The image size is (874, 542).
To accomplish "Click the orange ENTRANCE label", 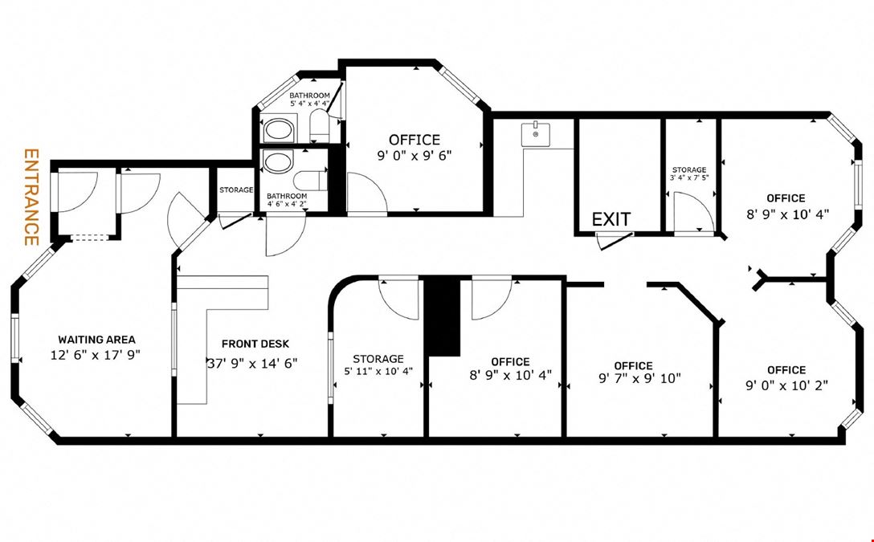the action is point(31,197).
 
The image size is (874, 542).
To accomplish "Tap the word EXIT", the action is point(611,219).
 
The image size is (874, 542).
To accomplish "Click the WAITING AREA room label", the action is point(96,339).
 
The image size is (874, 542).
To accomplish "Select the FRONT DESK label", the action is point(255,344).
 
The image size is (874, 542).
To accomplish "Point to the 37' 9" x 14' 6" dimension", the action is point(252,363).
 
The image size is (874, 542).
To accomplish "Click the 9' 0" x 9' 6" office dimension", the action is point(415,155).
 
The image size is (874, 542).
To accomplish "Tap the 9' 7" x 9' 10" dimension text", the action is point(640,379).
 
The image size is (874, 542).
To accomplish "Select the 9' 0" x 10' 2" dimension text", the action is point(786,385).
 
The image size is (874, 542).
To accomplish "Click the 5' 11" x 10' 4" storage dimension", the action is point(378,372).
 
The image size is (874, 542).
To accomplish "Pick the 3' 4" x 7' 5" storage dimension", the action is point(689,178).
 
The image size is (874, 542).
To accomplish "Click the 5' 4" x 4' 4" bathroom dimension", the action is point(309,104).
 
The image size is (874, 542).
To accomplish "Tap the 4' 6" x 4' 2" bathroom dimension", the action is point(287,204).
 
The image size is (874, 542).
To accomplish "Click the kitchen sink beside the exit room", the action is point(536,135).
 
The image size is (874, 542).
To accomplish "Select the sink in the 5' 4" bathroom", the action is point(279,129).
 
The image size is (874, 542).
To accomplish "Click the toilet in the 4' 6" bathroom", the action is point(310,181).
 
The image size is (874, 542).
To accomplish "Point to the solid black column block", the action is point(443,316).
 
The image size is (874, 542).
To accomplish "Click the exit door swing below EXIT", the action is point(615,240).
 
